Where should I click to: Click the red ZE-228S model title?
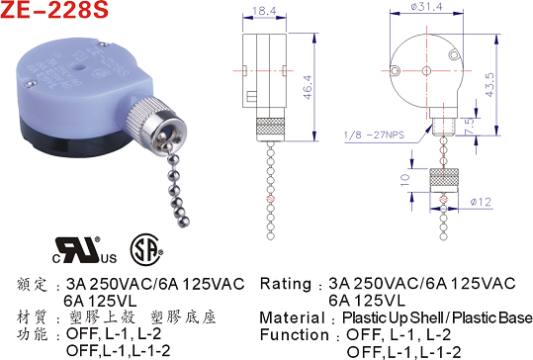pos(54,10)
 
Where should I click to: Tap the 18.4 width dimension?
pos(264,11)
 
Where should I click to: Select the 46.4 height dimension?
pos(308,87)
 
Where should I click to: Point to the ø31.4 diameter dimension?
pos(426,7)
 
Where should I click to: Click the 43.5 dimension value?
pos(489,85)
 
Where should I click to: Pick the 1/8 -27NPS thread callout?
pos(374,135)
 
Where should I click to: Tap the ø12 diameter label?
pos(481,202)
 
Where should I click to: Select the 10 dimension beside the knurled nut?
pos(405,179)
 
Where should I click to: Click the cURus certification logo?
pos(84,250)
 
